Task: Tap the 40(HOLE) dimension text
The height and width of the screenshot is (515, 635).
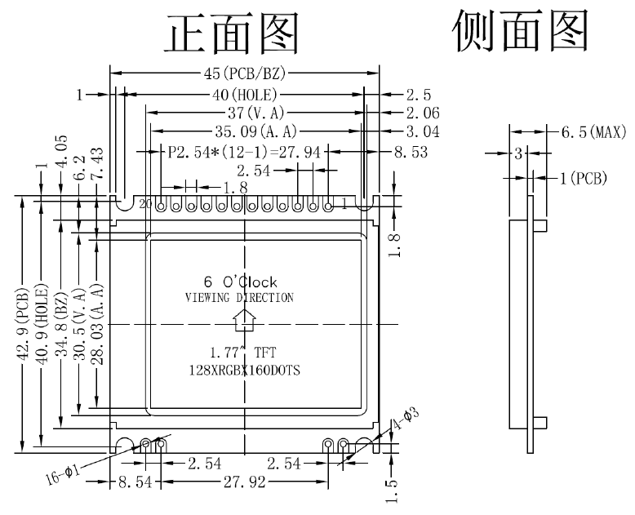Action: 246,95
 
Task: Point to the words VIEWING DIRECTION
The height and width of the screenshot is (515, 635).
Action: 239,298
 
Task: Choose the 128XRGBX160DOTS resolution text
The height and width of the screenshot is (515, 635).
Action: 244,371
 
